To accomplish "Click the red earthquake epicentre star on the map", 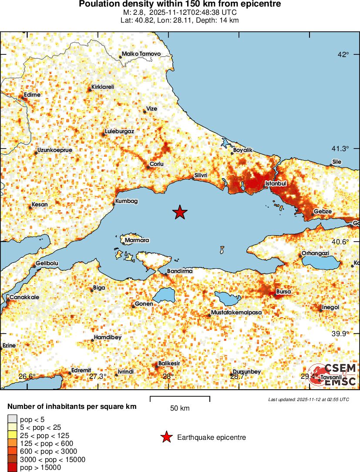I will pyautogui.click(x=180, y=212).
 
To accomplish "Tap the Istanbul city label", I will pyautogui.click(x=276, y=184).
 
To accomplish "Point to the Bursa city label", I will pyautogui.click(x=283, y=291).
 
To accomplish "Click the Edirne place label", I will pyautogui.click(x=32, y=94).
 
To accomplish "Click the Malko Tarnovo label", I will pyautogui.click(x=141, y=54).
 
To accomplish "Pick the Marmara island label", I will pyautogui.click(x=137, y=240).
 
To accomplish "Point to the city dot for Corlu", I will pyautogui.click(x=148, y=167).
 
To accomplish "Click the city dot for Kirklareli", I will pyautogui.click(x=90, y=90).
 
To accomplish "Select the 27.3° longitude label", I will pyautogui.click(x=98, y=376).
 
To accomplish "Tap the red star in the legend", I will pyautogui.click(x=166, y=437).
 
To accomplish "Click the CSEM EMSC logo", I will pyautogui.click(x=333, y=374).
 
